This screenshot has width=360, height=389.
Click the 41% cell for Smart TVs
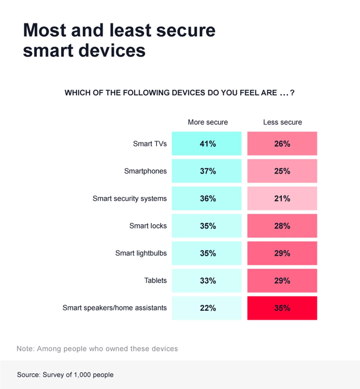[x=207, y=144]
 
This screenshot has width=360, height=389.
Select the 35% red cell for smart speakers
[x=282, y=308]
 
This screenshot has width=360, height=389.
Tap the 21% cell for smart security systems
[x=282, y=198]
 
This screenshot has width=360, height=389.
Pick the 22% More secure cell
[x=207, y=308]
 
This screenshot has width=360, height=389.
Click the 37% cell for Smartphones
[x=207, y=171]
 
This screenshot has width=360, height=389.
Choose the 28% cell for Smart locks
[x=282, y=226]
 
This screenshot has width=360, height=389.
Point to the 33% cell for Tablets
[x=207, y=281]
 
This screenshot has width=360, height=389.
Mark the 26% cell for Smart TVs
[x=282, y=144]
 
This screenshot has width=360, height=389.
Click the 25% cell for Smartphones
[x=282, y=171]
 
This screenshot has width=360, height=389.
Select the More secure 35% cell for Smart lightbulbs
[x=207, y=253]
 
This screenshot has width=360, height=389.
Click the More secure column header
[x=208, y=122]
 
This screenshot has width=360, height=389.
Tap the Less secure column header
[x=283, y=122]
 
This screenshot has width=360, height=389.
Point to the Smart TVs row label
[x=150, y=144]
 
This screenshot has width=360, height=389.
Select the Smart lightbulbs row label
[x=141, y=253]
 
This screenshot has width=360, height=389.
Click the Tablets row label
[x=155, y=281]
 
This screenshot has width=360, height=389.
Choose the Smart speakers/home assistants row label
[x=115, y=308]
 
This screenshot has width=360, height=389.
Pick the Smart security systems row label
[x=130, y=198]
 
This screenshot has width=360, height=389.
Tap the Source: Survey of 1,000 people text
[x=65, y=375]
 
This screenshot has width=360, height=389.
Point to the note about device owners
[x=97, y=349]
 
